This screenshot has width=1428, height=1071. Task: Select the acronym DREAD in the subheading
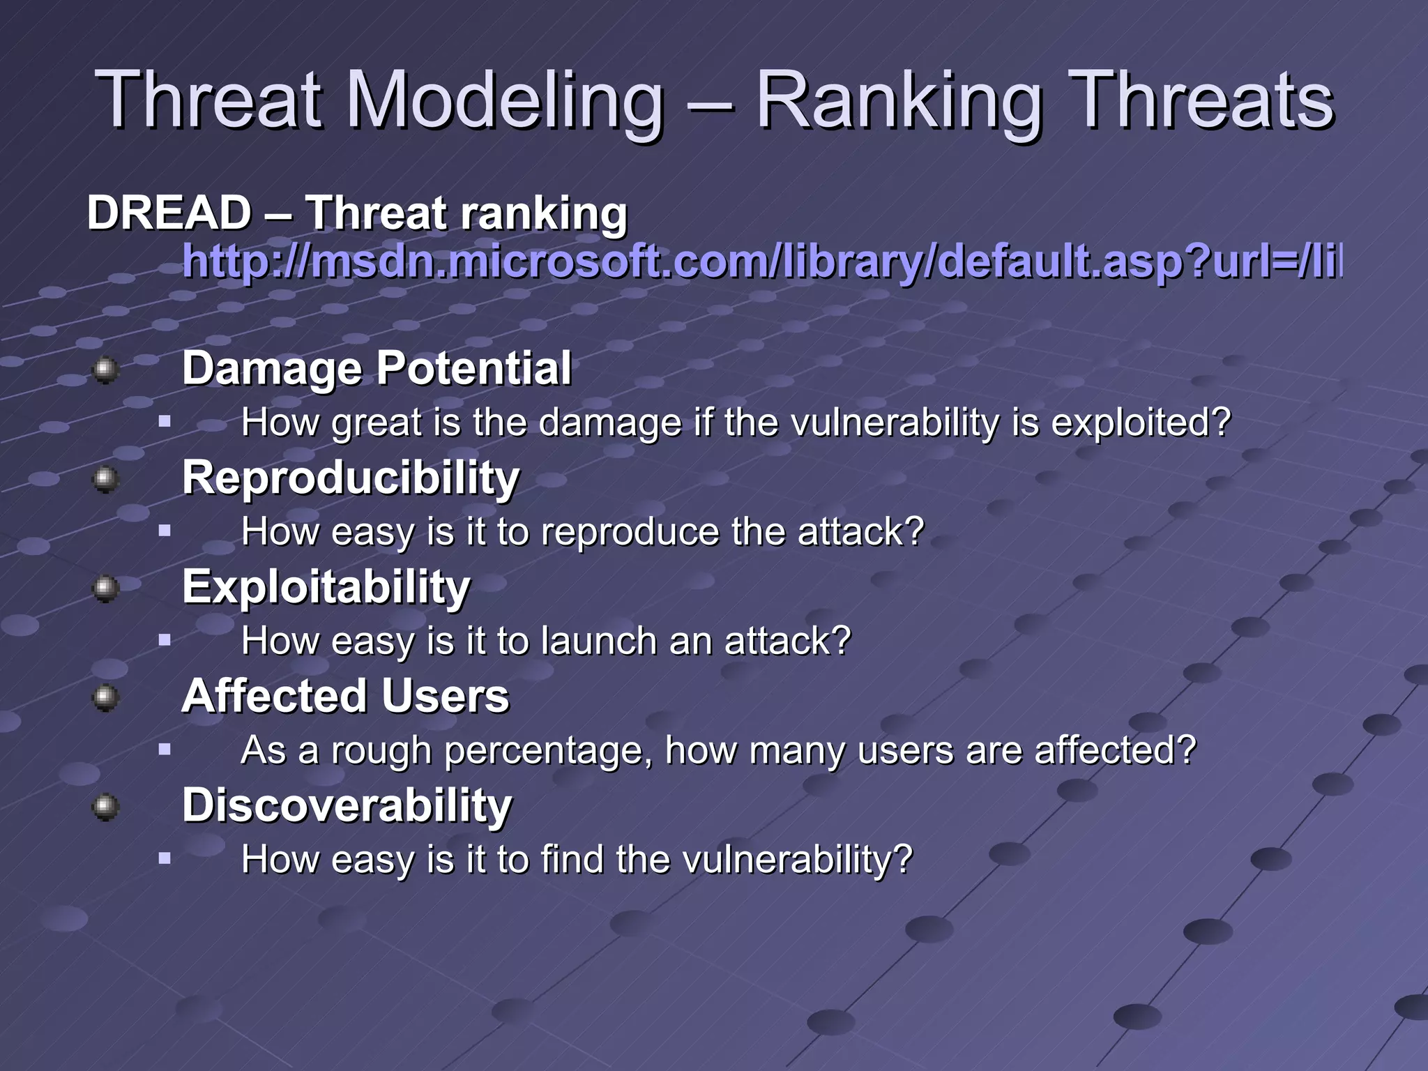tap(169, 213)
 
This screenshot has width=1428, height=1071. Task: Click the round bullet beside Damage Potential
tap(105, 369)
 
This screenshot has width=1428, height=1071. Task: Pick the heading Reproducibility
tap(351, 478)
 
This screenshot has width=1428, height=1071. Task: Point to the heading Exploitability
tap(326, 587)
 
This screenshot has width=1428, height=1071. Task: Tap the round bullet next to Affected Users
tap(105, 697)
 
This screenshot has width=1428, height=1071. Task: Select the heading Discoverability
tap(347, 805)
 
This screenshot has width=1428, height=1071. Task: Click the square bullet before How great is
tap(165, 421)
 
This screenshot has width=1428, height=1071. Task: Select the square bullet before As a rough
tap(165, 750)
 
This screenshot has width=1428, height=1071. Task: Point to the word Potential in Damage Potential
tap(474, 369)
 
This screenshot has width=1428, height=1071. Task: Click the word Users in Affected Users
tap(446, 697)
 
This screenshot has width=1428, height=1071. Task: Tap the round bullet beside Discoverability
tap(105, 807)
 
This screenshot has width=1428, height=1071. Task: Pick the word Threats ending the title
tap(1201, 101)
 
